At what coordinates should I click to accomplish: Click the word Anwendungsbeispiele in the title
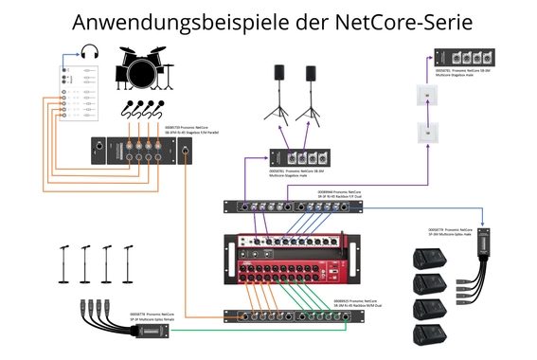(x=185, y=20)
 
